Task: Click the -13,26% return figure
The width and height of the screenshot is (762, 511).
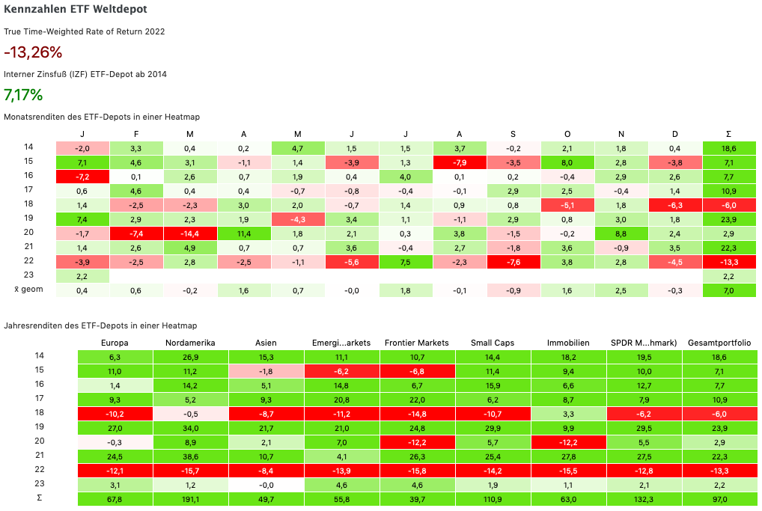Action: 33,52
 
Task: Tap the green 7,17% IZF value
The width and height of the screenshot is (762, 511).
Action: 23,95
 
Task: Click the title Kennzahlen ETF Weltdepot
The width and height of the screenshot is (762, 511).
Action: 76,10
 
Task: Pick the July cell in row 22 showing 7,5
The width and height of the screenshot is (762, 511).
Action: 406,261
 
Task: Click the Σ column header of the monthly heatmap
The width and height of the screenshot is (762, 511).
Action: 729,134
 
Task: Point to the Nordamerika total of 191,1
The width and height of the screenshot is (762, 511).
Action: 190,498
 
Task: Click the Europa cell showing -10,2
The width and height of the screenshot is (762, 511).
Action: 115,414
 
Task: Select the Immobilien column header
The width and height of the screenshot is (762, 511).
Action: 568,343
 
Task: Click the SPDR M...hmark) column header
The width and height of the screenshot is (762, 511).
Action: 644,343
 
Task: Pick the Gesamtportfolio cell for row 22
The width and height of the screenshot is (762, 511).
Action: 719,470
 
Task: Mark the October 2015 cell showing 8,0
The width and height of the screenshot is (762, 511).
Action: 567,162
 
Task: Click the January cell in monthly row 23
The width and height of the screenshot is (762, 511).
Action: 82,275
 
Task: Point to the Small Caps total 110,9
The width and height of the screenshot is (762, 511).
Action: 492,498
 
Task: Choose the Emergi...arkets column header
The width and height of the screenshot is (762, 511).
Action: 341,343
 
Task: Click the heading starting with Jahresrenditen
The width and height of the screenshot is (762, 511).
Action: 100,325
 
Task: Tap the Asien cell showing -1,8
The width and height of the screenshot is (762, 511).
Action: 266,371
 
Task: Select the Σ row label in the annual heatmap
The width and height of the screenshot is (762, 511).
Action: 40,498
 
